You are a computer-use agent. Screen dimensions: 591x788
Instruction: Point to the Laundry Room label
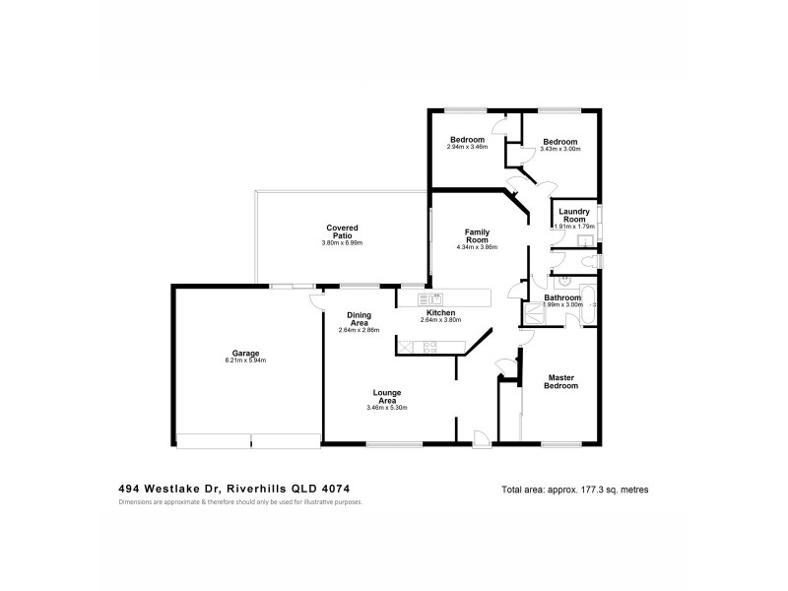pyautogui.click(x=574, y=215)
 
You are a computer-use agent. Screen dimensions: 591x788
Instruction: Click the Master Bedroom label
pyautogui.click(x=561, y=381)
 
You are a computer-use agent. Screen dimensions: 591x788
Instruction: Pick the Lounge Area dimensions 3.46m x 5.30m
pyautogui.click(x=386, y=407)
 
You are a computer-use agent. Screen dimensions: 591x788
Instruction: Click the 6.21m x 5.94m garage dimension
pyautogui.click(x=246, y=361)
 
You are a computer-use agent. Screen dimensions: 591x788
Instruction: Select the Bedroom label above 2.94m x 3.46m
pyautogui.click(x=467, y=140)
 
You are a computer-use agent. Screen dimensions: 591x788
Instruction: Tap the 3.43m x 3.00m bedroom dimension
pyautogui.click(x=560, y=149)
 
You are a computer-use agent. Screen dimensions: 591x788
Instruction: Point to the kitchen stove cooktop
pyautogui.click(x=429, y=346)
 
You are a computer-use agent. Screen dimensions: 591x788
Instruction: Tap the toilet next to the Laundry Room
pyautogui.click(x=587, y=259)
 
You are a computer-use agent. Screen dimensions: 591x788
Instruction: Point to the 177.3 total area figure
pyautogui.click(x=593, y=490)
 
